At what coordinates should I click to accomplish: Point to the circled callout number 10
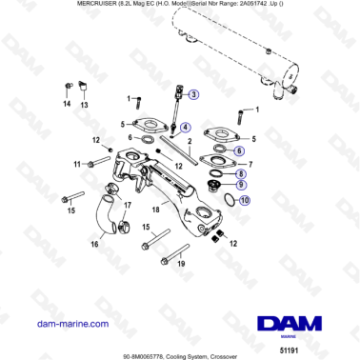(246, 201)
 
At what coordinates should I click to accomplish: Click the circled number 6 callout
(239, 150)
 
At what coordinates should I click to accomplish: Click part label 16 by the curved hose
(94, 245)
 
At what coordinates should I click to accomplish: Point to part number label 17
(128, 204)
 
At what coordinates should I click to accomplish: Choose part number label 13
(84, 105)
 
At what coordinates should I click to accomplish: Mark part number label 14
(67, 105)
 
